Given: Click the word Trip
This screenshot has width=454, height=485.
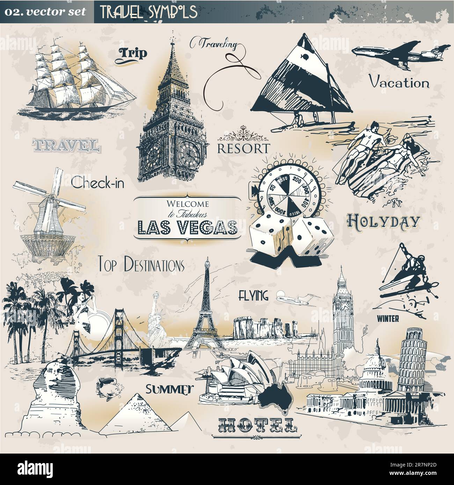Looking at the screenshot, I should tap(133, 53).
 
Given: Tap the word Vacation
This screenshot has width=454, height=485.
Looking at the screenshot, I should tap(399, 83).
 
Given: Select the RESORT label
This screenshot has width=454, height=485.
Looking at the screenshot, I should tap(243, 148).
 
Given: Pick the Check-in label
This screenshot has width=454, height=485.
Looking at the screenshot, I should tap(97, 182).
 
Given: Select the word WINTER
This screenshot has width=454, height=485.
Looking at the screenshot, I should tap(388, 318).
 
